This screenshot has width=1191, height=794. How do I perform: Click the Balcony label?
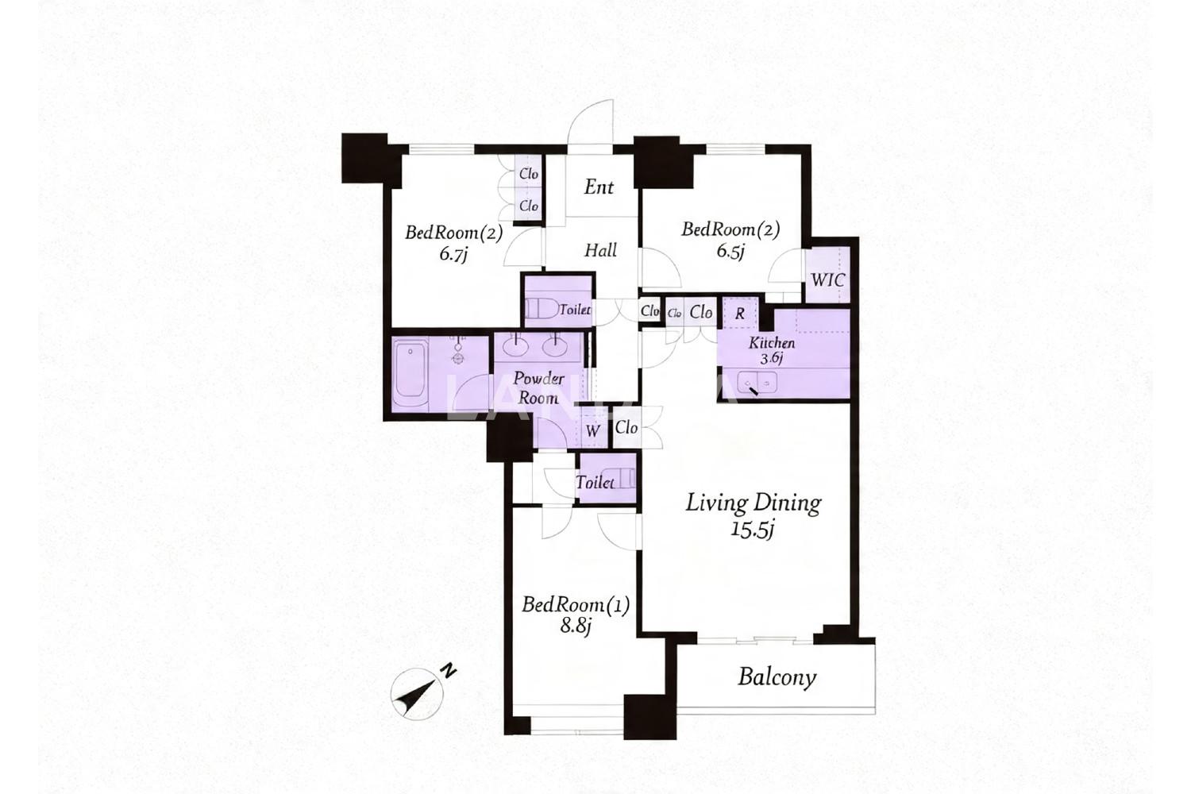click(x=777, y=677)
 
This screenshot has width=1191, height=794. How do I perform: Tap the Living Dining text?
click(x=753, y=503)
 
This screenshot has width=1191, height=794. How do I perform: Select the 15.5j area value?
click(x=752, y=530)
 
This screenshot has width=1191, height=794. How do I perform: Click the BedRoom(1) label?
click(x=576, y=605)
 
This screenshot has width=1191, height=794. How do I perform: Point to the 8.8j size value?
click(x=576, y=627)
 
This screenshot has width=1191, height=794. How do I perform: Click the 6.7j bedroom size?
click(x=453, y=254)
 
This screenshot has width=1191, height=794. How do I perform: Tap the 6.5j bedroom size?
click(x=730, y=250)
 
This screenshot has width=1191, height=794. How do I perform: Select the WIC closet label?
click(x=828, y=280)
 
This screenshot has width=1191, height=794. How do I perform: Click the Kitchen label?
click(x=772, y=343)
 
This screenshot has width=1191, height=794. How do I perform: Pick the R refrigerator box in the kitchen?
click(x=740, y=314)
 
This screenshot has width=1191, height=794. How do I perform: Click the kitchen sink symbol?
click(x=757, y=383)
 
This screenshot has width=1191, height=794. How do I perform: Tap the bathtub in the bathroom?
click(x=410, y=376)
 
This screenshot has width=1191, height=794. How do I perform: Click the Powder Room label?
click(x=538, y=388)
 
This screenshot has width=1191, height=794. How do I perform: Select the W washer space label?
click(x=593, y=430)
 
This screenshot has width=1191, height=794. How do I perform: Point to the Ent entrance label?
click(x=599, y=187)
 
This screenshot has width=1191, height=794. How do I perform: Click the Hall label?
click(x=601, y=250)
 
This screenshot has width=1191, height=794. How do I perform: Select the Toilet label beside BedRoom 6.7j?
click(x=574, y=310)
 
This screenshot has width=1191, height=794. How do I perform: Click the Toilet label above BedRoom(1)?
click(x=595, y=483)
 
